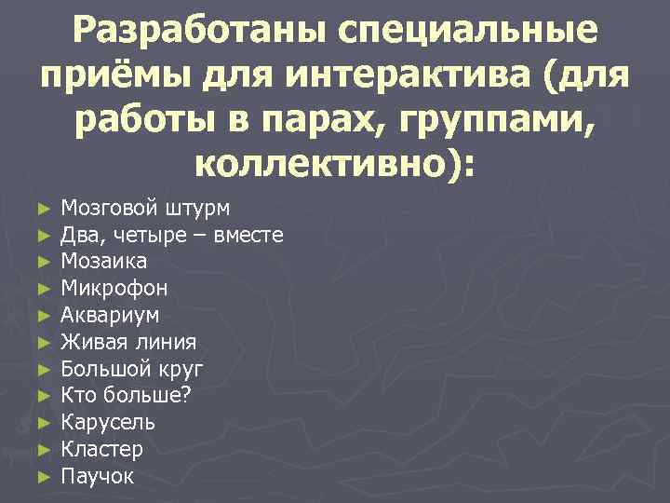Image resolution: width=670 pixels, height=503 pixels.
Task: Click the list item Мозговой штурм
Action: (x=145, y=207)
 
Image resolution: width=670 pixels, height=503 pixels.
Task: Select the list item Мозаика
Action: (x=103, y=261)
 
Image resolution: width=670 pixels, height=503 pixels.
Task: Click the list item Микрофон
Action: (x=114, y=288)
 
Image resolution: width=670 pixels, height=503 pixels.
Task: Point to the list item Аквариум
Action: (x=110, y=315)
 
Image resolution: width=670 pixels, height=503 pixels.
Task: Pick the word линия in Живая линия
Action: (x=164, y=342)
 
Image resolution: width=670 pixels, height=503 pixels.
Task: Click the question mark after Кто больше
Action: (x=186, y=395)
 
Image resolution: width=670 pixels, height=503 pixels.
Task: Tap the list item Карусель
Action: (x=108, y=423)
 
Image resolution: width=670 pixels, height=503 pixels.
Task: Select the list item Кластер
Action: (x=101, y=450)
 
